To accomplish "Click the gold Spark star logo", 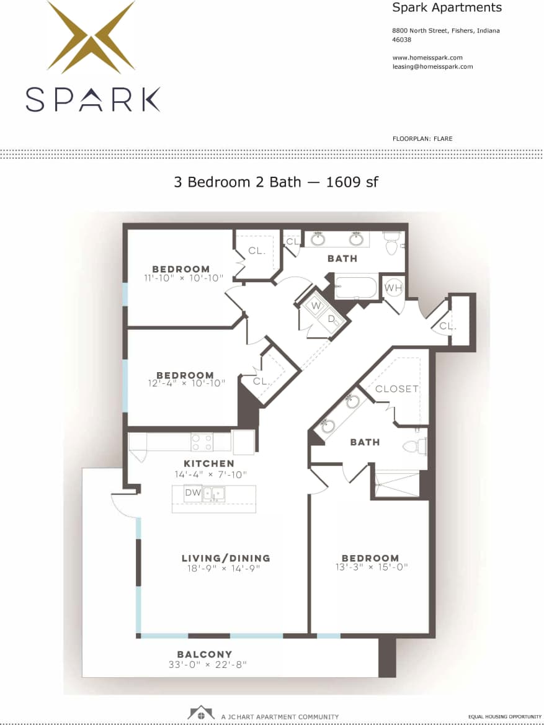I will click(91, 37).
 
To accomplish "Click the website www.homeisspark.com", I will click(427, 58).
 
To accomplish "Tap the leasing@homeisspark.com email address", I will click(432, 66).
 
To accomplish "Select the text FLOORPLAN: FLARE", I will click(422, 138).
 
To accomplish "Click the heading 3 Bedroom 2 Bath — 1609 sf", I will click(276, 182).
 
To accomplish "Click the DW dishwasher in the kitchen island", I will click(192, 493).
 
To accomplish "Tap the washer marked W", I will click(316, 306).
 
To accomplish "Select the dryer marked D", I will click(331, 319).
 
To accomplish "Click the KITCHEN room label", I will click(208, 463).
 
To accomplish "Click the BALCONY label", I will click(205, 654).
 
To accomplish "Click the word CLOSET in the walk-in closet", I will click(397, 389).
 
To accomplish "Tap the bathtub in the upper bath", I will click(355, 287).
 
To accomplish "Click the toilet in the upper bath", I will click(391, 244).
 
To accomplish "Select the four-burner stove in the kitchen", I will click(202, 442).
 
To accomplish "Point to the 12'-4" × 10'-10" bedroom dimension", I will click(185, 384).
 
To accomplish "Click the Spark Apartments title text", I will click(447, 8).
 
